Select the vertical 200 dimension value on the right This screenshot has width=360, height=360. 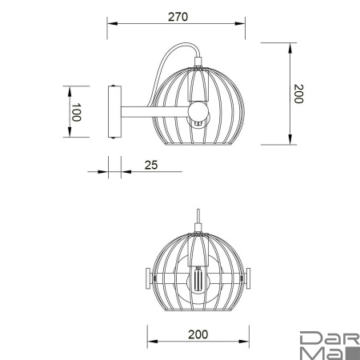298,94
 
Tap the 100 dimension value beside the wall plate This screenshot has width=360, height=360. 76,113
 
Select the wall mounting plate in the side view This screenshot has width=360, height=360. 114,114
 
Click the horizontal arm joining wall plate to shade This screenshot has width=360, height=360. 152,113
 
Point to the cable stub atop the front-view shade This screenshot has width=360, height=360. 197,219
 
